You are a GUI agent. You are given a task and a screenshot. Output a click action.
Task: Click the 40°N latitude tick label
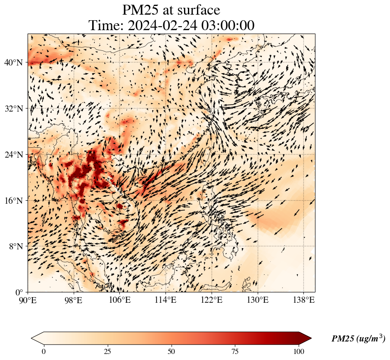click(x=13, y=62)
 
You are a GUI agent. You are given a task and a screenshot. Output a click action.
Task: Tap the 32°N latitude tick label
click(x=13, y=109)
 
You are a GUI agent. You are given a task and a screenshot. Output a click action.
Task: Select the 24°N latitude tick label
click(x=13, y=155)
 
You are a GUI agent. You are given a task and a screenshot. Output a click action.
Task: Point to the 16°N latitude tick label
click(x=13, y=201)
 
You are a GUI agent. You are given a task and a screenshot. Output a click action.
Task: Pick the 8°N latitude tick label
click(x=15, y=247)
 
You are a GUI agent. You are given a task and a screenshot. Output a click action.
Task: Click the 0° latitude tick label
click(x=19, y=292)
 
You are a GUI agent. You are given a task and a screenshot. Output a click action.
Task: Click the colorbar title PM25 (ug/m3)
click(x=358, y=338)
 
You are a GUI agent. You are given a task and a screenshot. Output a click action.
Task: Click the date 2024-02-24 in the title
click(x=160, y=25)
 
